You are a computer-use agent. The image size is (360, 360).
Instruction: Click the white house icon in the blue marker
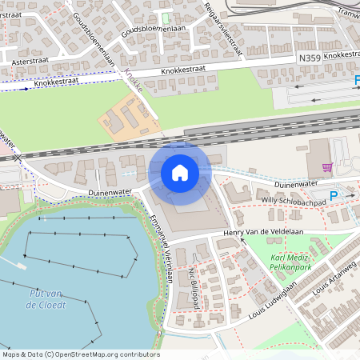179,172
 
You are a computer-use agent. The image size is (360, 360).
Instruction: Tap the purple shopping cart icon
326,167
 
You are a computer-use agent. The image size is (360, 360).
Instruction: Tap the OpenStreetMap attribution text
80,354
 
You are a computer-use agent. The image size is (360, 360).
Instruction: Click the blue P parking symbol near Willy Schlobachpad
334,195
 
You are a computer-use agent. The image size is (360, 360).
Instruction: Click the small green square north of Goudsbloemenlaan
166,18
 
